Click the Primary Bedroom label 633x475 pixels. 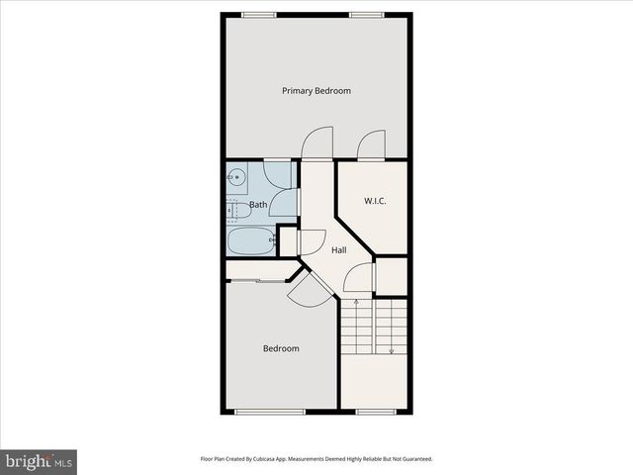tap(316, 91)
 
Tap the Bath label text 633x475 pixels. tap(257, 205)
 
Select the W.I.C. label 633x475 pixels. tap(375, 202)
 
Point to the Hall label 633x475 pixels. tap(339, 250)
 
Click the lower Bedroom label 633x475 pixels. tap(281, 348)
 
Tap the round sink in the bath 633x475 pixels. tap(236, 178)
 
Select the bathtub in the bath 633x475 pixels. tap(251, 239)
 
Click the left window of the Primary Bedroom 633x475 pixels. tap(259, 14)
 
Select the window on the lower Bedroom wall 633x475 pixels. tap(270, 412)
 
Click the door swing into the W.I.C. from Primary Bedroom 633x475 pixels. tap(371, 144)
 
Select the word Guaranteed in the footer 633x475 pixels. tap(412, 459)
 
